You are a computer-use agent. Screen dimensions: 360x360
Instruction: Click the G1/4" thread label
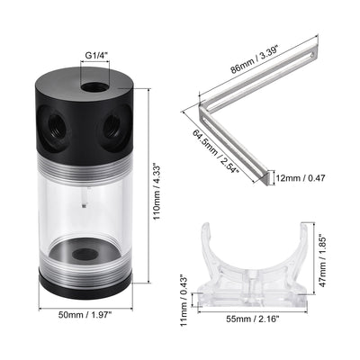[x=96, y=57]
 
